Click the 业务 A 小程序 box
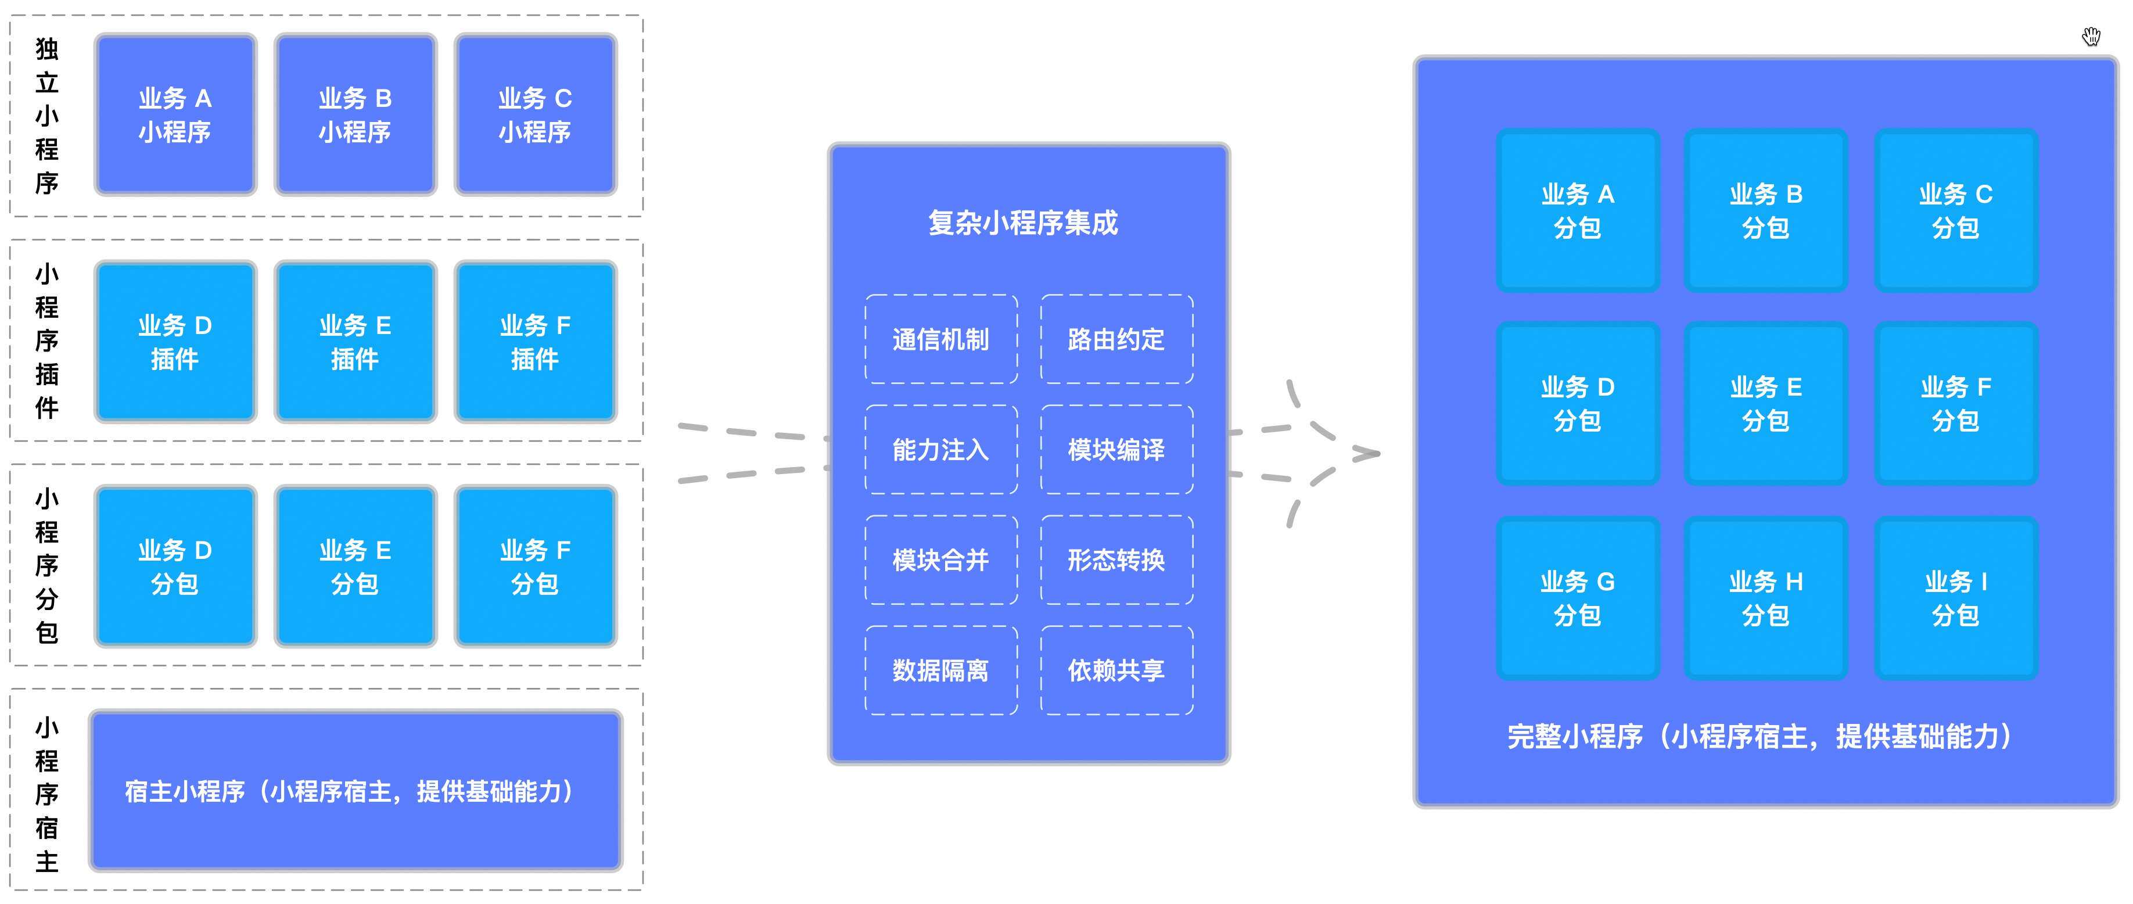point(175,114)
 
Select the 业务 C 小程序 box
point(536,114)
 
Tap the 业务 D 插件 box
point(175,342)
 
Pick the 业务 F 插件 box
point(536,342)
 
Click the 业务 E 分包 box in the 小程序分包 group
point(355,566)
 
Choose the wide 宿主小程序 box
point(356,791)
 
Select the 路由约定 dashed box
point(1117,339)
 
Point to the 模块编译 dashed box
point(1117,450)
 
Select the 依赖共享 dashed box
point(1117,670)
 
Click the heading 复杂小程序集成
point(1024,223)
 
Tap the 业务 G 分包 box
point(1578,598)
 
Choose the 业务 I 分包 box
point(1956,598)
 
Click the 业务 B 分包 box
point(1766,210)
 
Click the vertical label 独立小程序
point(47,116)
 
